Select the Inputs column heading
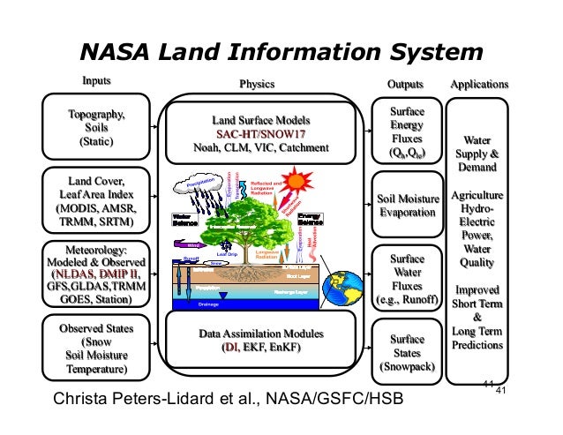pyautogui.click(x=96, y=83)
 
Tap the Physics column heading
pyautogui.click(x=257, y=85)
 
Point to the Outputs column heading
pyautogui.click(x=405, y=85)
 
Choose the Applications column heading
pyautogui.click(x=479, y=85)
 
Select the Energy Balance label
pyautogui.click(x=311, y=219)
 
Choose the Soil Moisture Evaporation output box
pyautogui.click(x=407, y=206)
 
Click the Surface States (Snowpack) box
pyautogui.click(x=407, y=352)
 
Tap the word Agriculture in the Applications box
pyautogui.click(x=477, y=194)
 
